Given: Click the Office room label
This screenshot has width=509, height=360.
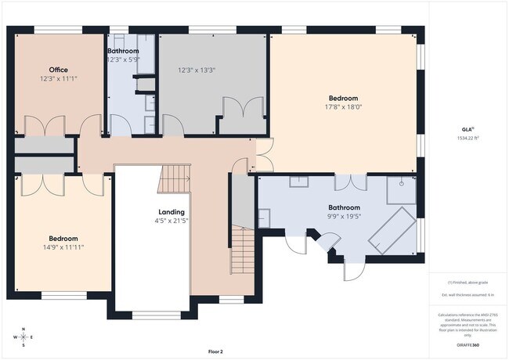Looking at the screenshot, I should (59, 70).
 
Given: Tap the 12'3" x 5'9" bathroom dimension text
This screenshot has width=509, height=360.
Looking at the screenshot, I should (123, 59).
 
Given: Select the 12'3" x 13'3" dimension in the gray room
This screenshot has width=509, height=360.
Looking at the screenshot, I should (197, 70).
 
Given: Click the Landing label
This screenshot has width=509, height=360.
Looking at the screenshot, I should (171, 212).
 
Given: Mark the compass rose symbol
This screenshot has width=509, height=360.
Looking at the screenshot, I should (24, 337).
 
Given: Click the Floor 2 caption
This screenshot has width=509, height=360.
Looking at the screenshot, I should (215, 351).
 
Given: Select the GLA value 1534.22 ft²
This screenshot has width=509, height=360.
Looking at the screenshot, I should (467, 138).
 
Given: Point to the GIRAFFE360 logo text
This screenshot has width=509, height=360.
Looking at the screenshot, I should (467, 344).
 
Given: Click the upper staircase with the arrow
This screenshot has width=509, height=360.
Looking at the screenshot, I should (175, 178).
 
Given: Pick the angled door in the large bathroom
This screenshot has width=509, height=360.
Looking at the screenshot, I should (323, 243).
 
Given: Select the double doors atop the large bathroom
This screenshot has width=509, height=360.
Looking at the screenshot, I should (350, 182).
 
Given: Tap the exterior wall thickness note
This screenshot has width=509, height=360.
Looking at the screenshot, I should (467, 294).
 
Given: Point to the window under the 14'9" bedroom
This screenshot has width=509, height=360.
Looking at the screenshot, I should (58, 295).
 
